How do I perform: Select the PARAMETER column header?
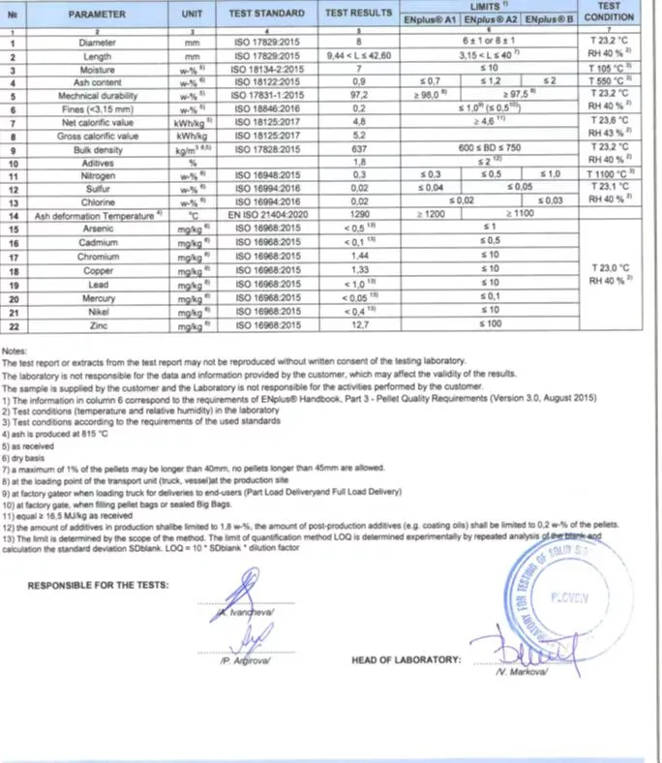[x=94, y=15]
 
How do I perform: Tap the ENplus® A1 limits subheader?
[x=431, y=19]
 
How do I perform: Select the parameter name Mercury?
[x=94, y=300]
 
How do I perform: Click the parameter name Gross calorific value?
[x=94, y=137]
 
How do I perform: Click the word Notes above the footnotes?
[x=15, y=351]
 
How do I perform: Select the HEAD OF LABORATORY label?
[x=406, y=659]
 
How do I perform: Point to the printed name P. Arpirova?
[x=250, y=660]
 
